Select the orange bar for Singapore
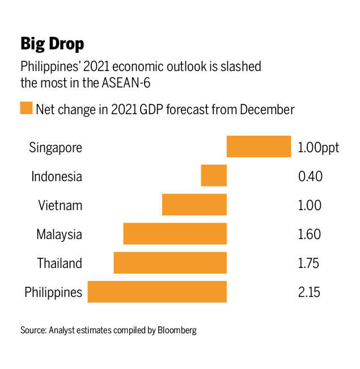coord(259,147)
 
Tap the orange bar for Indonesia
coord(214,176)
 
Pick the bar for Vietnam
coord(194,205)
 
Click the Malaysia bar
coord(175,234)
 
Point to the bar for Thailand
coord(170,263)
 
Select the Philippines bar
coord(157,292)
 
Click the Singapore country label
coord(56,148)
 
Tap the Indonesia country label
coord(57,177)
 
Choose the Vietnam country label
coord(60,206)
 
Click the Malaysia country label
coord(59,234)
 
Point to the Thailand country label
coord(60,263)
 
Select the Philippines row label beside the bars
coord(53,293)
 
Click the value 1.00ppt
coord(318,148)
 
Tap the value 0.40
coord(310,177)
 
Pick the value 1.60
coord(309,234)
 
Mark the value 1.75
coord(308,263)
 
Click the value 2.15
coord(309,293)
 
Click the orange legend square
coord(26,108)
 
